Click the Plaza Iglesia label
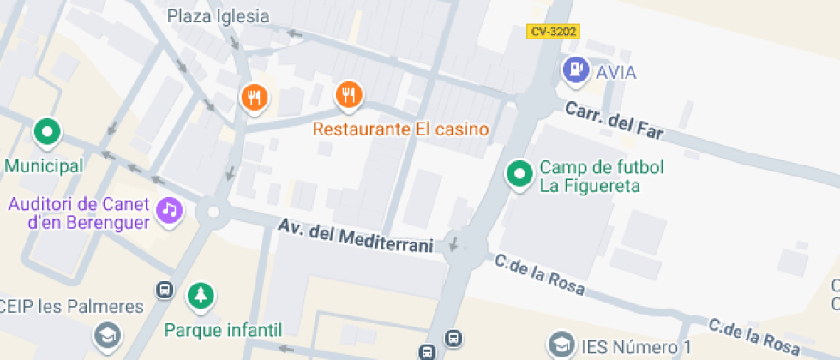218,16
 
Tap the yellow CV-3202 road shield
553,32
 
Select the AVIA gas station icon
575,69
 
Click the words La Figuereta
590,185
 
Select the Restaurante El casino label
400,130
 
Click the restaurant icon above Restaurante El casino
347,95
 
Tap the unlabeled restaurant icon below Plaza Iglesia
254,98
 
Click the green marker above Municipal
47,132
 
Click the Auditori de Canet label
80,206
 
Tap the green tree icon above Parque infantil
201,296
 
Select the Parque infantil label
224,329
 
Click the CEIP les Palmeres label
72,307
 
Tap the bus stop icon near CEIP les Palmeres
165,290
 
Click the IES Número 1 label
636,347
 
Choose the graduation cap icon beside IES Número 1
561,345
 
